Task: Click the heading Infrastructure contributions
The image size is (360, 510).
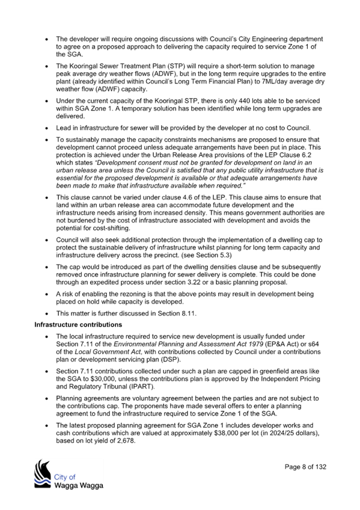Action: [x=78, y=325]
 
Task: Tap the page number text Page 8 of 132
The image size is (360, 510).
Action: [x=305, y=467]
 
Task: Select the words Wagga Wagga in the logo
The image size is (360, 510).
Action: [x=79, y=485]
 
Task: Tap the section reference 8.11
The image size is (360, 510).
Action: [x=189, y=313]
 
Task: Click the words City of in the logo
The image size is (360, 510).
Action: [x=65, y=477]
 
